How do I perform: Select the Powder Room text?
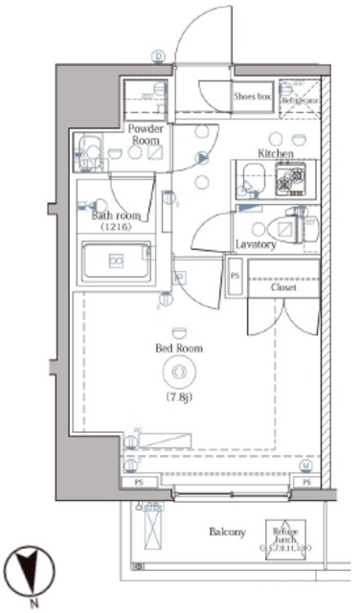[x=146, y=133]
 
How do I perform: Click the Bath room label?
[x=116, y=216]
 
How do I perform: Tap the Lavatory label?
[x=257, y=244]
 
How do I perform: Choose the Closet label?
[x=283, y=287]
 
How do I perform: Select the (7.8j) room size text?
[x=177, y=396]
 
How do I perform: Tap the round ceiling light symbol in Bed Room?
[x=177, y=374]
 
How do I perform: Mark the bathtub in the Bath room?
[x=117, y=261]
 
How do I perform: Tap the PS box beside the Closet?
[x=235, y=275]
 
